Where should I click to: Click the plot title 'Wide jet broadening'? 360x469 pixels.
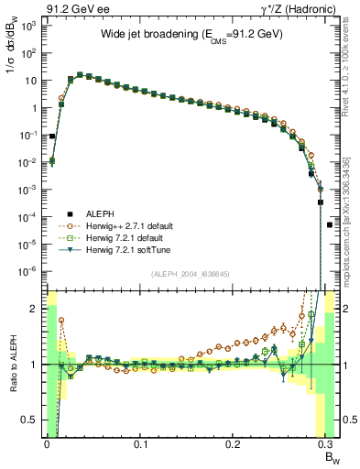pyautogui.click(x=190, y=36)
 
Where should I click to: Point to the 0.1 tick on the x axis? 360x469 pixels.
pyautogui.click(x=140, y=443)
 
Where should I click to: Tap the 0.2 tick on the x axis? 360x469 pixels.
pyautogui.click(x=235, y=443)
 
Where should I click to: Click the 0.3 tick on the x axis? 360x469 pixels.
pyautogui.click(x=328, y=443)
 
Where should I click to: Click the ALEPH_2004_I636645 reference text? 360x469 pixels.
pyautogui.click(x=191, y=276)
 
